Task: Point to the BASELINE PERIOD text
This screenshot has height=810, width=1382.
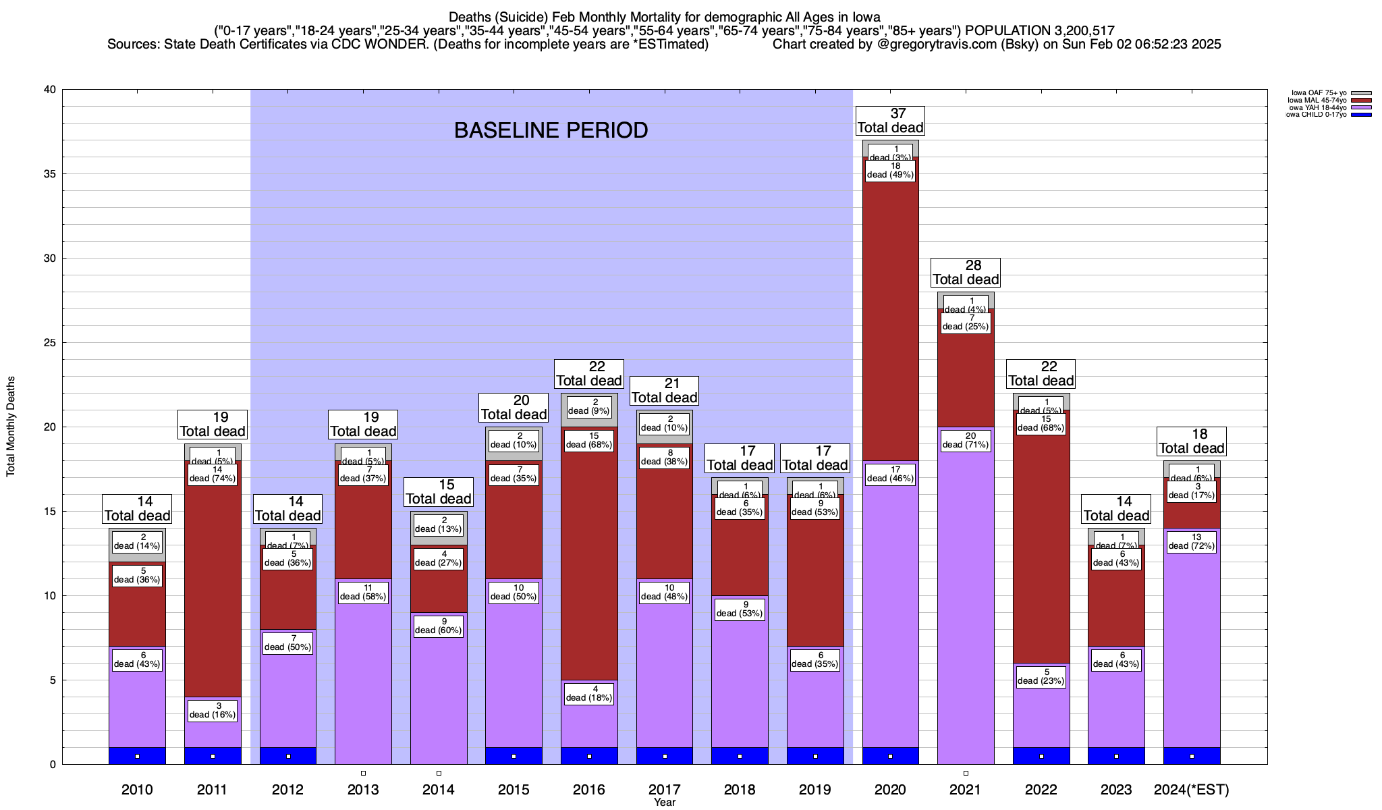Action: (x=551, y=130)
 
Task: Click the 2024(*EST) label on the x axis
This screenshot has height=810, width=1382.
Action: (x=1192, y=790)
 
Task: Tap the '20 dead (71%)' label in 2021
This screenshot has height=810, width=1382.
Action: (x=966, y=440)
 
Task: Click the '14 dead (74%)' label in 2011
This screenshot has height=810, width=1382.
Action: (x=213, y=474)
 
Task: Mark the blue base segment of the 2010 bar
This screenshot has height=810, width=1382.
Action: (x=137, y=756)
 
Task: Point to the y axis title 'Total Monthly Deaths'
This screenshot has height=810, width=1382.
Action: (x=11, y=427)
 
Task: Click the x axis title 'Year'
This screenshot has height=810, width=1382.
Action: (x=665, y=803)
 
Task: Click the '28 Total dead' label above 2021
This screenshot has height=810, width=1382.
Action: (x=966, y=273)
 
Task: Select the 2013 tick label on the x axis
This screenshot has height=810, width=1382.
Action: (x=363, y=790)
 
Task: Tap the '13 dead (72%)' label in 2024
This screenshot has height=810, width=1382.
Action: (x=1192, y=541)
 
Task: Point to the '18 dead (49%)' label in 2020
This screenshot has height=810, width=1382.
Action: (x=890, y=170)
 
